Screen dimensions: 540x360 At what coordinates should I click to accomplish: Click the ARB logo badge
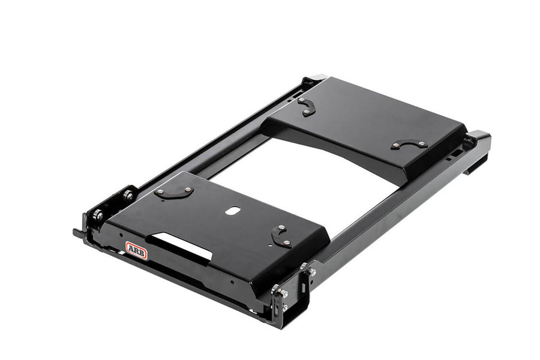[137, 250]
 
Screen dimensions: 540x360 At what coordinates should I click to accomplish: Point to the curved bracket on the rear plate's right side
[409, 145]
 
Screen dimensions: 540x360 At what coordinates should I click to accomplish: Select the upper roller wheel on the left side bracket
[129, 196]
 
